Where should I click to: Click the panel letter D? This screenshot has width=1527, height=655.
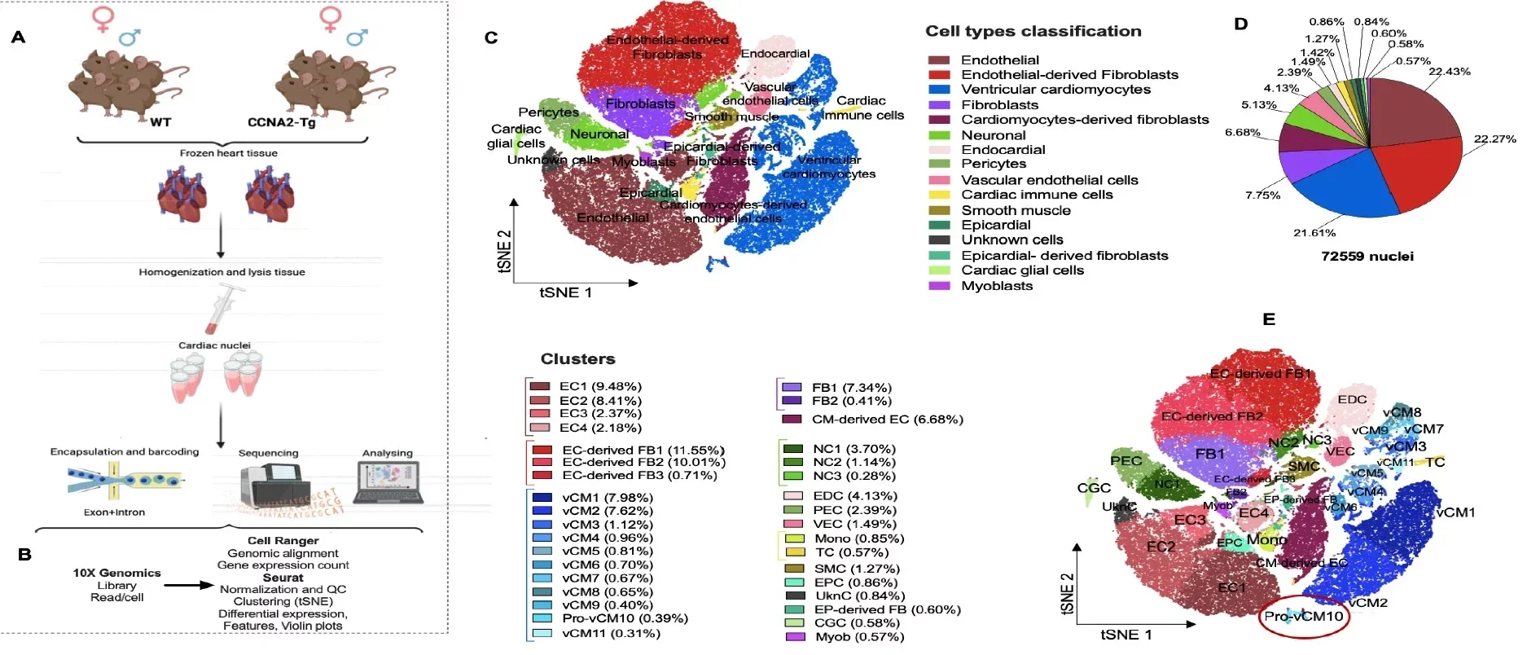[1240, 24]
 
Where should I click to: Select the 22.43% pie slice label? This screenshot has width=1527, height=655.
[1449, 72]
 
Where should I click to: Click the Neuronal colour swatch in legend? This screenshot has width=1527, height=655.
[939, 135]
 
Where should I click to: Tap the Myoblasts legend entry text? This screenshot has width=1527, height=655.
[996, 286]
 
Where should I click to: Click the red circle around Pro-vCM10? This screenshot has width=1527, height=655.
[1303, 617]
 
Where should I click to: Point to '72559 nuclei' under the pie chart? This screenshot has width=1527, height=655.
[1367, 257]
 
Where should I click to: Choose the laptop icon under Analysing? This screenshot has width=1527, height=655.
[388, 482]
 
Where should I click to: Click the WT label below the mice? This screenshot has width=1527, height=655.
[160, 122]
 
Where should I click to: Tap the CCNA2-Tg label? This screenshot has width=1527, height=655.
[281, 122]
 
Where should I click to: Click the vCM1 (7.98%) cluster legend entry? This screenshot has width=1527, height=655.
[607, 498]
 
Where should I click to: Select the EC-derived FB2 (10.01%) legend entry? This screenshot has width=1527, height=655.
[643, 462]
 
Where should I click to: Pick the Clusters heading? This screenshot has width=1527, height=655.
[577, 359]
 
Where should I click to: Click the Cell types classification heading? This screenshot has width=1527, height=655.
[1033, 32]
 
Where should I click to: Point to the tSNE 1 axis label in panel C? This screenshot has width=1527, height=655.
[565, 292]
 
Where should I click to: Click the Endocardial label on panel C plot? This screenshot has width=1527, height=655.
[774, 54]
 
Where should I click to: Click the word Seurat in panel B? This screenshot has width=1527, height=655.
[283, 578]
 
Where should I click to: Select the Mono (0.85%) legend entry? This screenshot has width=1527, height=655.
[858, 539]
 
